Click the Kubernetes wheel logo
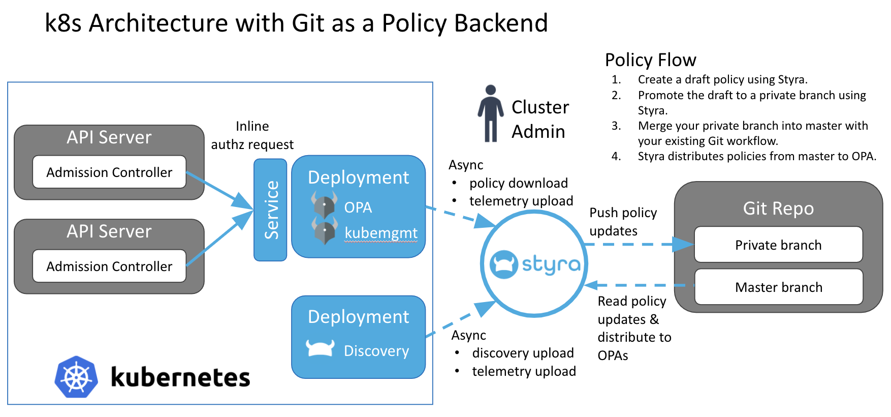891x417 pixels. click(x=76, y=377)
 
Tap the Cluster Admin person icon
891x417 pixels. click(x=490, y=113)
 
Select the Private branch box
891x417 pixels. click(x=778, y=245)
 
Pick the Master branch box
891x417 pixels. click(x=778, y=287)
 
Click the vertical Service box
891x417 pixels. click(x=270, y=210)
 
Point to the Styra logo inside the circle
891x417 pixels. click(x=534, y=264)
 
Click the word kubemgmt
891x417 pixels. click(x=380, y=232)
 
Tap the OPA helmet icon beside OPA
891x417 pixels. click(x=324, y=205)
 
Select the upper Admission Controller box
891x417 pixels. click(x=109, y=172)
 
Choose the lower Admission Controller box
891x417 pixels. click(x=109, y=266)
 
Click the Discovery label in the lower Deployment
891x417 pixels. click(x=376, y=351)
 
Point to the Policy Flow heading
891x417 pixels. click(x=650, y=60)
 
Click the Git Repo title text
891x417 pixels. click(x=778, y=208)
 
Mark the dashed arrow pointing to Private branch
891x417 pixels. click(x=640, y=245)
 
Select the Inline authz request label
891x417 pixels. click(x=252, y=135)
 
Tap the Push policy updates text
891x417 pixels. click(x=623, y=222)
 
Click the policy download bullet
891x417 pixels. click(x=518, y=183)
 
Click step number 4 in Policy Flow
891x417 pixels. click(x=616, y=156)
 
